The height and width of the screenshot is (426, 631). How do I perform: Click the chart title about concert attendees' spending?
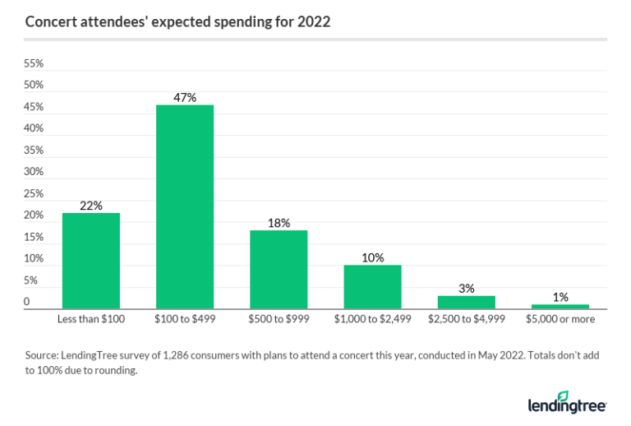[177, 22]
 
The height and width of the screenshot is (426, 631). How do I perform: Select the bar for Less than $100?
[91, 260]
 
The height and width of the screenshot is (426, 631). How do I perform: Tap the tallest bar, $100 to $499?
[185, 206]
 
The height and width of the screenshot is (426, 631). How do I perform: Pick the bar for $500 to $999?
[279, 269]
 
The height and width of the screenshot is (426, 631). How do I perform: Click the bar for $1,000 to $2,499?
[372, 286]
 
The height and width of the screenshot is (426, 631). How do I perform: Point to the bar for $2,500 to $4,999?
[466, 302]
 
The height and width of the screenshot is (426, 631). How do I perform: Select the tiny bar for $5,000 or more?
[560, 306]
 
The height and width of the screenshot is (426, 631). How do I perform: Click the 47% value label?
[185, 97]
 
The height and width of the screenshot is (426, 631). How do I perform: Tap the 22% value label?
[91, 206]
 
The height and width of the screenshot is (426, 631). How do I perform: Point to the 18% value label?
[279, 223]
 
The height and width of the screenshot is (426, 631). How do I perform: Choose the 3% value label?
[466, 288]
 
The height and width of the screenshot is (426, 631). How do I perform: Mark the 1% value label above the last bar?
[560, 297]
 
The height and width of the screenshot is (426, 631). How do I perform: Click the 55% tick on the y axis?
[34, 63]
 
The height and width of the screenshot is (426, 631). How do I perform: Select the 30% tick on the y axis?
[34, 172]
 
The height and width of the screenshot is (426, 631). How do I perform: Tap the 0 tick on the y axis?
[27, 303]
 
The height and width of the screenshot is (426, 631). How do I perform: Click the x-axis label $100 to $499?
[185, 318]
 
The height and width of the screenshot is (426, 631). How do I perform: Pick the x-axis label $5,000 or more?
[560, 318]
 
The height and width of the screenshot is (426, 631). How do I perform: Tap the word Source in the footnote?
[42, 355]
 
